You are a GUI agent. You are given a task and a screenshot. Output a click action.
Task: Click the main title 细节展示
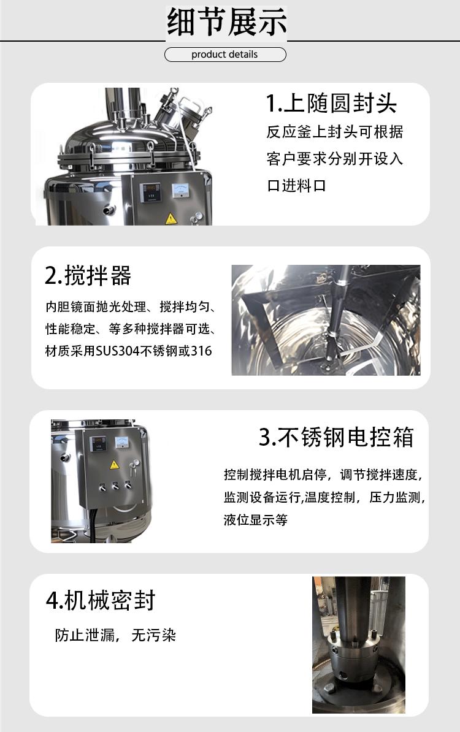227,23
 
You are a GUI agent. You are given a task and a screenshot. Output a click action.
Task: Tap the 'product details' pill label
224,55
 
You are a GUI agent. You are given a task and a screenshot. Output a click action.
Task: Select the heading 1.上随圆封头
331,103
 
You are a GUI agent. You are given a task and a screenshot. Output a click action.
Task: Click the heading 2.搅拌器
88,276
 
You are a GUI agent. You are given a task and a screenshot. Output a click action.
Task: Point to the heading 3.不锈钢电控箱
336,437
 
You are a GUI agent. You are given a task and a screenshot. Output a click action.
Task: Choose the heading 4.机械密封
101,600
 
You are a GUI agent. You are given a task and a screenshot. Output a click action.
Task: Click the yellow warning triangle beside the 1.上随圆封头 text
170,218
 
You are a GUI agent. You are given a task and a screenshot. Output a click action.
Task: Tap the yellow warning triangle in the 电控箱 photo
113,464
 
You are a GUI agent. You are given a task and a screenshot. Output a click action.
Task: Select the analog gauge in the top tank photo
182,190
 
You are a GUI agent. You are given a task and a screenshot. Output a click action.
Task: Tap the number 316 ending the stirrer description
202,351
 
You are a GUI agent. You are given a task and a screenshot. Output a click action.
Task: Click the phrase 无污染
154,635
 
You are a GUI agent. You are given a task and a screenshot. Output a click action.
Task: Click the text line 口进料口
296,185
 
